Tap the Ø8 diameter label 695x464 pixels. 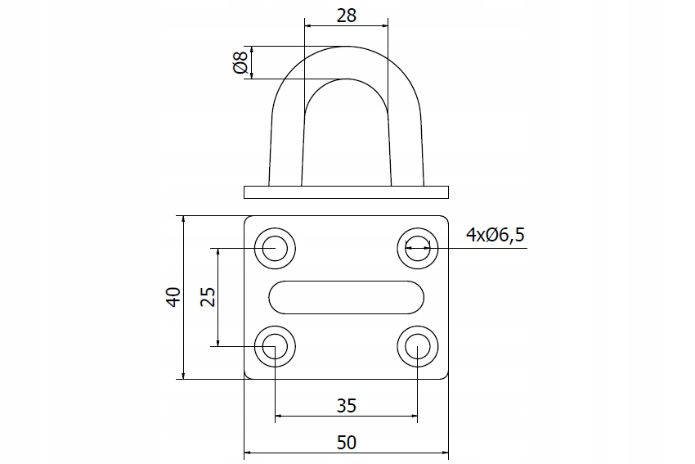coord(240,63)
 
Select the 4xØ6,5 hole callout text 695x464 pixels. coord(495,236)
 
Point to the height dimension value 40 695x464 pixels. coord(173,297)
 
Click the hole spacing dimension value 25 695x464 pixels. coord(208,296)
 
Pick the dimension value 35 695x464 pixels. coord(347,405)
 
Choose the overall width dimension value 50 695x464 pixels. coord(347,442)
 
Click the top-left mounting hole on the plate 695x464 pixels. coord(275,246)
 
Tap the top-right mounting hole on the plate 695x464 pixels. coord(417,246)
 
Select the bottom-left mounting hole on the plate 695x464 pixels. coord(275,347)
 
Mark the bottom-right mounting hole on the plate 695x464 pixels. coord(417,347)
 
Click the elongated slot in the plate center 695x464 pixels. coord(346,296)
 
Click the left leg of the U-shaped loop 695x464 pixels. coord(286,147)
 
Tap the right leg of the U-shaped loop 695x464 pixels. coord(406,147)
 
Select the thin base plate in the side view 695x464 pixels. coord(347,192)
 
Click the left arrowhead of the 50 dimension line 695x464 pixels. coord(249,452)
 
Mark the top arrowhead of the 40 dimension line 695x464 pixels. coord(184,220)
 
